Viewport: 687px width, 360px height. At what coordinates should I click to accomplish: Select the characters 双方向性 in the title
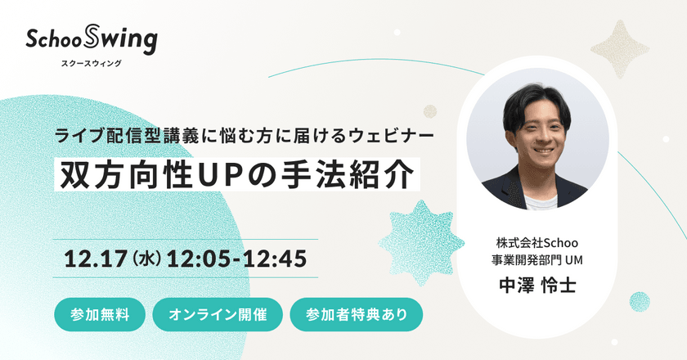pyautogui.click(x=114, y=173)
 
